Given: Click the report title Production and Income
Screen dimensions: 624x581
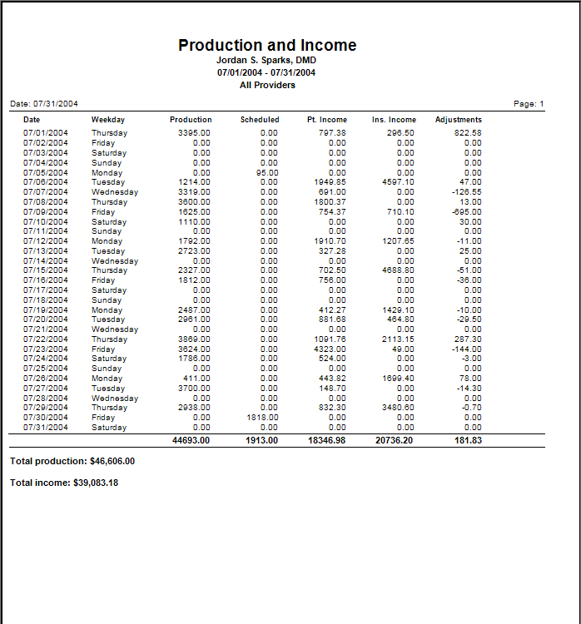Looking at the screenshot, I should click(x=267, y=46).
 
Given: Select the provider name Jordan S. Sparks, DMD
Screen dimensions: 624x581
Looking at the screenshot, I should click(x=266, y=61).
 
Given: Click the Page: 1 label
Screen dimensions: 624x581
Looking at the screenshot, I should click(x=529, y=104).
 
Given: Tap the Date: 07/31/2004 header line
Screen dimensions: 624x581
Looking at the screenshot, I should click(x=44, y=104).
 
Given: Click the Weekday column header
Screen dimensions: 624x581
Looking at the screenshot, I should click(x=108, y=120).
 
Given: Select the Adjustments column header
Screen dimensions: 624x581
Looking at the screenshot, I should click(x=458, y=120).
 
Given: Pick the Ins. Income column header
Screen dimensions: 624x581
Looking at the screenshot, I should click(x=393, y=120).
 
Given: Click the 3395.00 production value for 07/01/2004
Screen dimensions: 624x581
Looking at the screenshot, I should click(x=194, y=133).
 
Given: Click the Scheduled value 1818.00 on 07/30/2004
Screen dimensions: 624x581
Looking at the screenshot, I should click(x=262, y=418).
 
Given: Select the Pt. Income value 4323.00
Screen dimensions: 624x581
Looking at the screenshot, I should click(x=330, y=349).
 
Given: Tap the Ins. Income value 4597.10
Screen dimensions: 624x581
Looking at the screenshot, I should click(x=397, y=182).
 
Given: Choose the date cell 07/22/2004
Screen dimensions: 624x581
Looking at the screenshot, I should click(x=46, y=339).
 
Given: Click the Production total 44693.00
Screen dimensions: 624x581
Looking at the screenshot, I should click(x=191, y=439).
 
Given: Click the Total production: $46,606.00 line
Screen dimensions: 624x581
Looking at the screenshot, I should click(x=72, y=461).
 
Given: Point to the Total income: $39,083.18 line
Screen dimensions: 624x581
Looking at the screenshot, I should click(x=64, y=483).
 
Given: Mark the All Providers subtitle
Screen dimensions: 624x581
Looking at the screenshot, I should click(x=266, y=85).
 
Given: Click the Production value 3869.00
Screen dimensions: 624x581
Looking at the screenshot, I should click(x=194, y=339).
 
